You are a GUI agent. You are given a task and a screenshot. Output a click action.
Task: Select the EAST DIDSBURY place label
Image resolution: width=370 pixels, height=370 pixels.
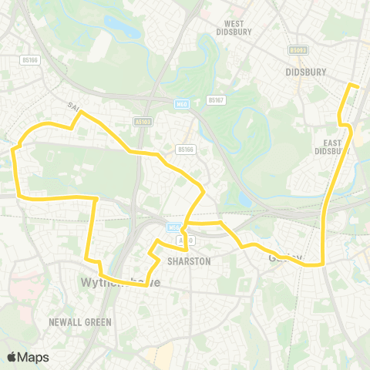click(x=332, y=147)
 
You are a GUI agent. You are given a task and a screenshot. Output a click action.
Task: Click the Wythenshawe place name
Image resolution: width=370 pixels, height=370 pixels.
click(x=119, y=283)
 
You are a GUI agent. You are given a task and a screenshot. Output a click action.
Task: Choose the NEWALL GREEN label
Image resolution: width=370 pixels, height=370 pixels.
click(x=79, y=321)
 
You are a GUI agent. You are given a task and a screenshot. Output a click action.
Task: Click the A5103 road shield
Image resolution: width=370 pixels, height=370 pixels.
click(x=143, y=121)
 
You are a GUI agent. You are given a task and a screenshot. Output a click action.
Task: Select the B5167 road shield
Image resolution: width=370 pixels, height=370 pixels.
click(x=216, y=99)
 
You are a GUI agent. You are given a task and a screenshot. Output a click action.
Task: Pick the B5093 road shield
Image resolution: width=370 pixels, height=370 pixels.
click(x=299, y=49)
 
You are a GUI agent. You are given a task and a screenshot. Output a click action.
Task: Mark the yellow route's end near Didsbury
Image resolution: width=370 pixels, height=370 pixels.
click(x=357, y=86)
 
